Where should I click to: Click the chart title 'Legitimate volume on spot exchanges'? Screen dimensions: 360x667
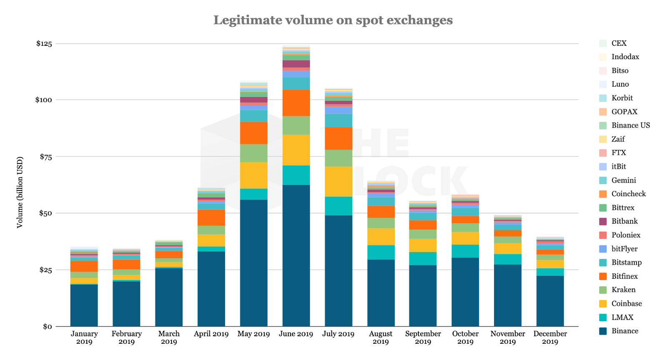click(333, 20)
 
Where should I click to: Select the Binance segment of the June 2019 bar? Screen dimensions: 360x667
click(296, 255)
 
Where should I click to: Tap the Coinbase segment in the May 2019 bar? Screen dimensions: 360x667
click(253, 175)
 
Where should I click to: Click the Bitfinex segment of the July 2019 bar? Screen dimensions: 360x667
click(339, 138)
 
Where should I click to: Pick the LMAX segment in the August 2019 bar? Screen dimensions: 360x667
click(381, 252)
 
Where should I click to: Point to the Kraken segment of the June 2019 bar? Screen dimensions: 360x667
click(296, 125)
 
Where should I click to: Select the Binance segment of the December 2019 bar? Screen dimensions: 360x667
click(550, 301)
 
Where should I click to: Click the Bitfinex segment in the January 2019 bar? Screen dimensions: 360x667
click(84, 266)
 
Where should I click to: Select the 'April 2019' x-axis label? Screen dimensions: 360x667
click(211, 334)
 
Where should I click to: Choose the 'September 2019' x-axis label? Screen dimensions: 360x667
click(423, 337)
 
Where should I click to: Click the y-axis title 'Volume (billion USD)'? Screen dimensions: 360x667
click(20, 192)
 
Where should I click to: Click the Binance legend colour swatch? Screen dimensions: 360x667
click(602, 331)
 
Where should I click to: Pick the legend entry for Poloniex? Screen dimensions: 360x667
click(626, 235)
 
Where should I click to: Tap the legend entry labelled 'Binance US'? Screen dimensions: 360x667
click(630, 125)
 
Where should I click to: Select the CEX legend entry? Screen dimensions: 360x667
click(619, 43)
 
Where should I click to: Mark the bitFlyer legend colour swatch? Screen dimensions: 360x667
click(602, 249)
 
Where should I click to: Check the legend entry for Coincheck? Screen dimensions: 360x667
click(628, 194)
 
